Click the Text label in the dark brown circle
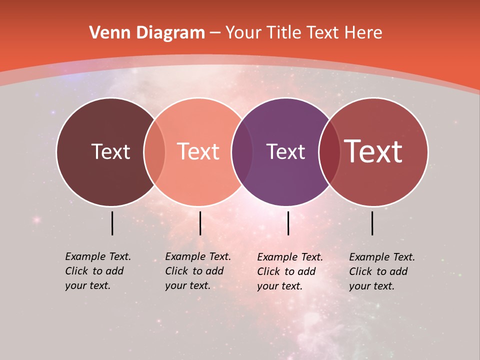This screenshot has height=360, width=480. click(110, 151)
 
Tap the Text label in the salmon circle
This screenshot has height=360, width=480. click(198, 151)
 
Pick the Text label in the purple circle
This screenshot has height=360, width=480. click(285, 151)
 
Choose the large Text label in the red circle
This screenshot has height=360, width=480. click(373, 151)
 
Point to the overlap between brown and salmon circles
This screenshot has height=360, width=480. click(154, 151)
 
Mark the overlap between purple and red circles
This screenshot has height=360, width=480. click(329, 151)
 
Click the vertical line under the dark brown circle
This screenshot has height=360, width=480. click(112, 223)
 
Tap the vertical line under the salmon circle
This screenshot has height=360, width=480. click(200, 223)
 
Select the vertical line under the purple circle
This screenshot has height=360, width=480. click(288, 223)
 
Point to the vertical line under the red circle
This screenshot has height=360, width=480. click(372, 223)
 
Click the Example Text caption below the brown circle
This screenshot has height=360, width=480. click(98, 271)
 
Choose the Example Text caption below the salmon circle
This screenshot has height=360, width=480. click(198, 271)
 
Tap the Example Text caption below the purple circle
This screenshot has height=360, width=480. click(290, 271)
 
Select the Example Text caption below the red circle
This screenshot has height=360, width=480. click(382, 271)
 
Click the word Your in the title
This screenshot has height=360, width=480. click(243, 33)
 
